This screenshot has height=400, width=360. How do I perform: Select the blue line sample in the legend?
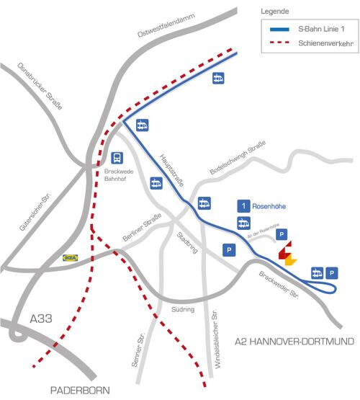pos(277,30)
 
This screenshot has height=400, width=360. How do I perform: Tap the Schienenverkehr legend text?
pos(320,44)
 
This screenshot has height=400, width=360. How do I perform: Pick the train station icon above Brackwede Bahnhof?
pos(117,157)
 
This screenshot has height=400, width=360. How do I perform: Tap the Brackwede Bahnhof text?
pos(116,177)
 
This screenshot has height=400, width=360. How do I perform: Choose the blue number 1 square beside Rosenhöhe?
pos(244,206)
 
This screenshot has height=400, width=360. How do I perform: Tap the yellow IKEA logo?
pos(71,256)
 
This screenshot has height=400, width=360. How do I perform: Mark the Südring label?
pos(183,309)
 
